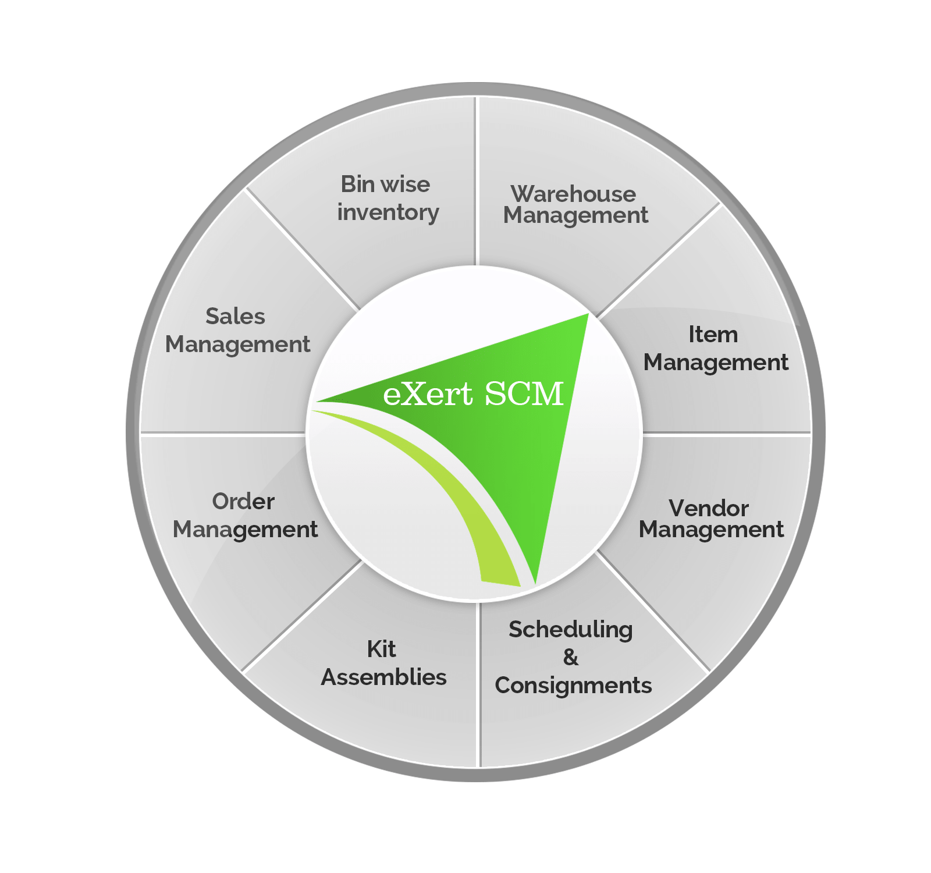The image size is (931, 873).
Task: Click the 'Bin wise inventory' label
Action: tap(387, 198)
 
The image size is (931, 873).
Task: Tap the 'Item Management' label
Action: tap(715, 349)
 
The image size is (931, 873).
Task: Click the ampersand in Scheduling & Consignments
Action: tap(571, 658)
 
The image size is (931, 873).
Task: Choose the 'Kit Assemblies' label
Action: tap(383, 663)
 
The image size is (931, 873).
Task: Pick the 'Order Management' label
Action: tap(245, 516)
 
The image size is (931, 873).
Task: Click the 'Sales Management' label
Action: tap(237, 331)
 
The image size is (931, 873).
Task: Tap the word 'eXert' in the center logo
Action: tap(428, 394)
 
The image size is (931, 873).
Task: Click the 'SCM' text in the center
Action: tap(524, 394)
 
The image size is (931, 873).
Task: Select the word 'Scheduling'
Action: tap(570, 630)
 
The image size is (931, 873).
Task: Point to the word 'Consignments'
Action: tap(573, 686)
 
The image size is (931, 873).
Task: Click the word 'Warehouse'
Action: tap(573, 194)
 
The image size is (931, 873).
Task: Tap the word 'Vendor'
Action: tap(708, 509)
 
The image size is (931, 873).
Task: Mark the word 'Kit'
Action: tap(381, 649)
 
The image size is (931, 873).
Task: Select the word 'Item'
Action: tap(713, 335)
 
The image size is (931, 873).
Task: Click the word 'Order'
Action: tap(243, 502)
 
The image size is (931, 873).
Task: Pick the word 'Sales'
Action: tap(235, 317)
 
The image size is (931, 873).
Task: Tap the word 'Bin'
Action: tap(357, 184)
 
